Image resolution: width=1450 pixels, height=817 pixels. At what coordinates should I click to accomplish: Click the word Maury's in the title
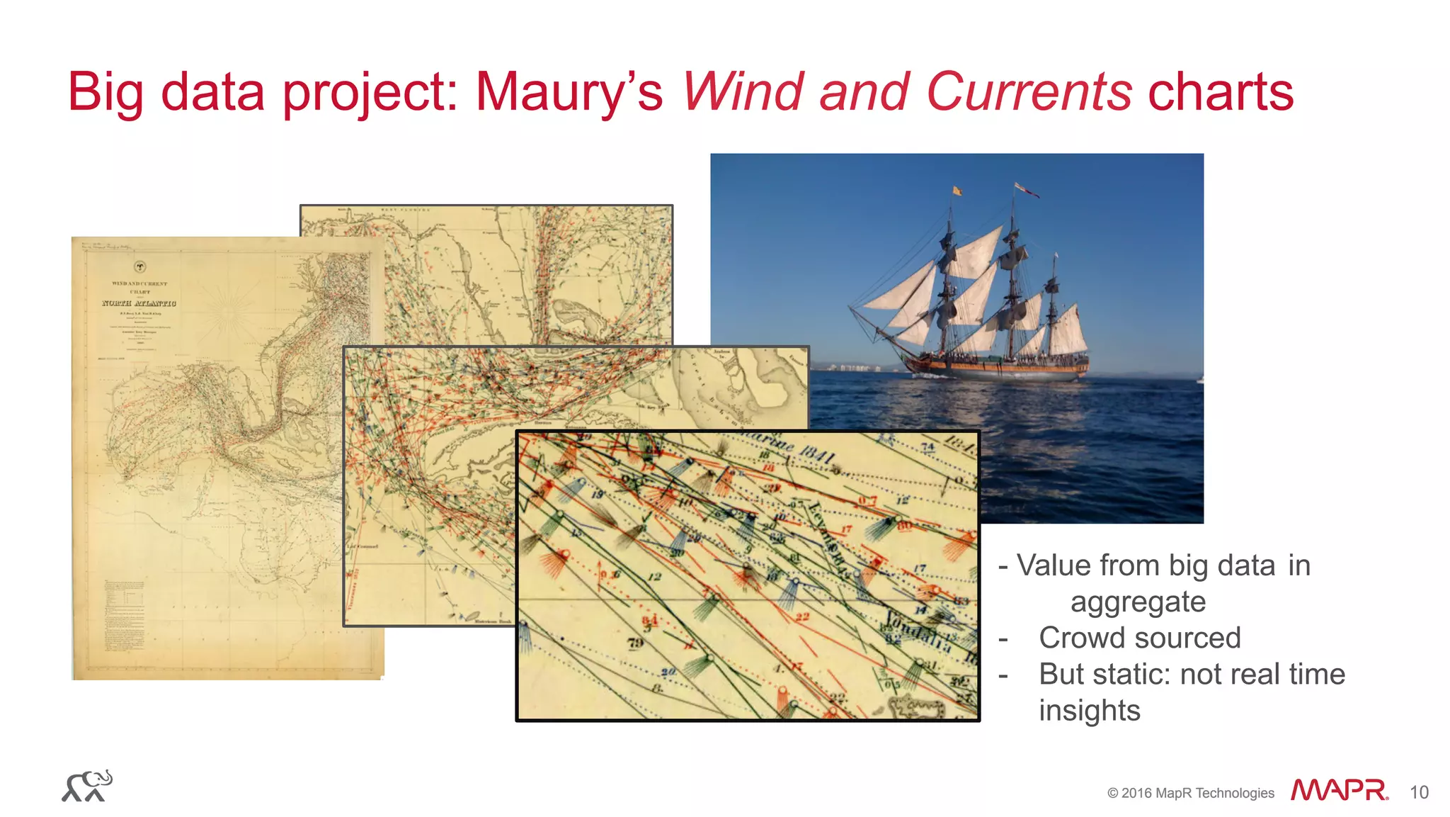(569, 92)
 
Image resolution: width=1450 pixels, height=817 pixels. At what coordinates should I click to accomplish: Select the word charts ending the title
(1221, 92)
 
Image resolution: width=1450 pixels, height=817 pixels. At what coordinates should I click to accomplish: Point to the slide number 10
(1419, 792)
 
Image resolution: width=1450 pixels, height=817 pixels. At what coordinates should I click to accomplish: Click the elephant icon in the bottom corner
(88, 787)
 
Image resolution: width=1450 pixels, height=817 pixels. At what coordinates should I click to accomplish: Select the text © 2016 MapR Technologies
(1190, 793)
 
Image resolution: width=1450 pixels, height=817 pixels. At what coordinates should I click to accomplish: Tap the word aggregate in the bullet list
(1138, 602)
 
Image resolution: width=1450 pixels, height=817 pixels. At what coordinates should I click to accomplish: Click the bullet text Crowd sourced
(1139, 638)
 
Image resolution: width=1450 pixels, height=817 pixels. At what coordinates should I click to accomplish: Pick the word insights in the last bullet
(1089, 711)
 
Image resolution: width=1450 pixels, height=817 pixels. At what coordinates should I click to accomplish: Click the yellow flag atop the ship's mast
(957, 190)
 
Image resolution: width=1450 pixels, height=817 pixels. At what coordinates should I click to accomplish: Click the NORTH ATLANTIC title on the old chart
(139, 303)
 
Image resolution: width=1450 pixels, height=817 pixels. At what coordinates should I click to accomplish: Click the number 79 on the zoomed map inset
(635, 643)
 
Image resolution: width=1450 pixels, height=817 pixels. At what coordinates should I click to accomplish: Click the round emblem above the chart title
(140, 267)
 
